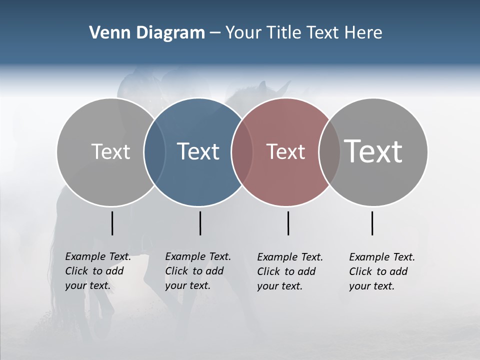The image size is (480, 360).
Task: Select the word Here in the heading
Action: point(363,33)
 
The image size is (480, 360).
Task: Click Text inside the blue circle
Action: point(198,151)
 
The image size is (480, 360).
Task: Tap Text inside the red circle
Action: point(285,151)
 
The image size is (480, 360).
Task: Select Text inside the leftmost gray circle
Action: point(110,151)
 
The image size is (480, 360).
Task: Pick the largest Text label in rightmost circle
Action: point(373,151)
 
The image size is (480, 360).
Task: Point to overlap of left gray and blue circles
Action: point(154,152)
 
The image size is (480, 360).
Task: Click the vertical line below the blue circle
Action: point(200,223)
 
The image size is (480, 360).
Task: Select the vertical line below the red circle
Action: point(288,223)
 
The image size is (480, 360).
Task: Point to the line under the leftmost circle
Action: point(112,223)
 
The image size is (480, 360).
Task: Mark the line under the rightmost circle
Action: point(372,223)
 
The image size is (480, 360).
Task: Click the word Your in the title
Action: point(243,33)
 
